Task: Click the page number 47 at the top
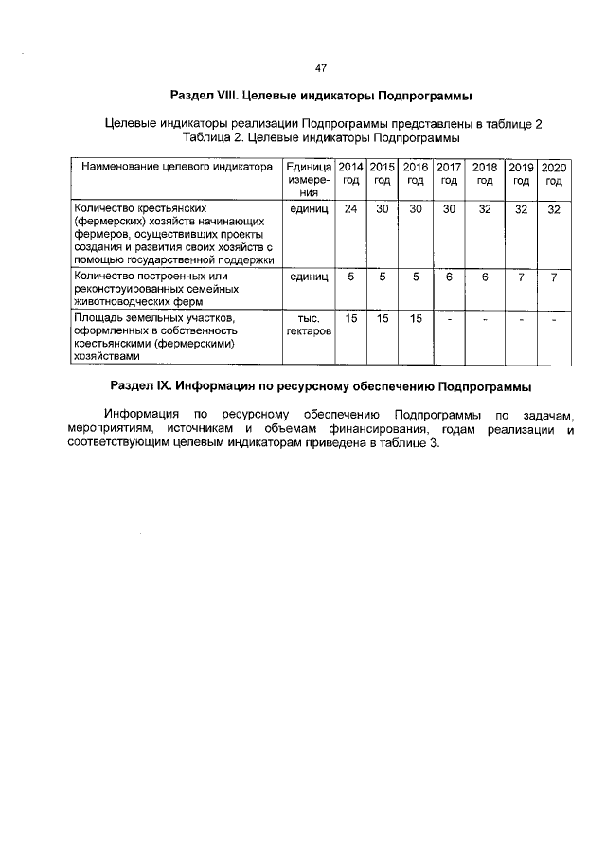click(320, 68)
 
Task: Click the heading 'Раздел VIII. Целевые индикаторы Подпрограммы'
click(320, 97)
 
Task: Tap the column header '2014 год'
click(350, 172)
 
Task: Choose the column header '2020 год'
click(554, 172)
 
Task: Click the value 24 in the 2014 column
click(350, 208)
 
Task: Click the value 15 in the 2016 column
click(415, 318)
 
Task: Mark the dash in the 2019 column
click(520, 319)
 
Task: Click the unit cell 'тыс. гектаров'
click(301, 326)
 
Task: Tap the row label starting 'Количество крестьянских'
click(172, 233)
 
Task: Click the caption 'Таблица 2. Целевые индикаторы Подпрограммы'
click(320, 138)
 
